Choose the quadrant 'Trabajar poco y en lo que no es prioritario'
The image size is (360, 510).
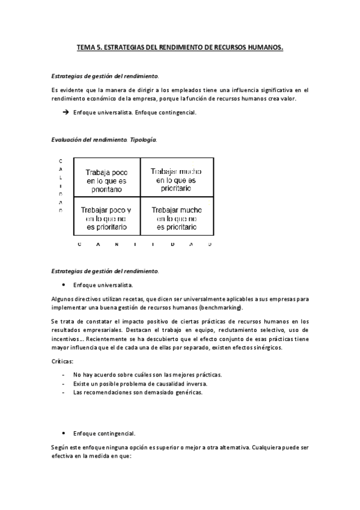[x=106, y=218]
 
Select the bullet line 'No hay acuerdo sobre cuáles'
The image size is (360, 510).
[x=147, y=375]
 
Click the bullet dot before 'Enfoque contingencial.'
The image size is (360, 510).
[x=64, y=432]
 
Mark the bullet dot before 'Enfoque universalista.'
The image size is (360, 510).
[x=64, y=284]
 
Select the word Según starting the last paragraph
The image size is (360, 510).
[x=62, y=448]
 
